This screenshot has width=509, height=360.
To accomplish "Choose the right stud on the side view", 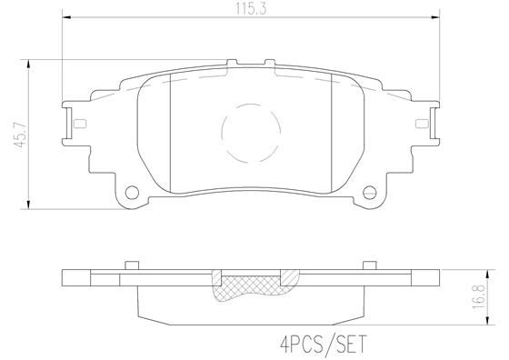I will [369, 265].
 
